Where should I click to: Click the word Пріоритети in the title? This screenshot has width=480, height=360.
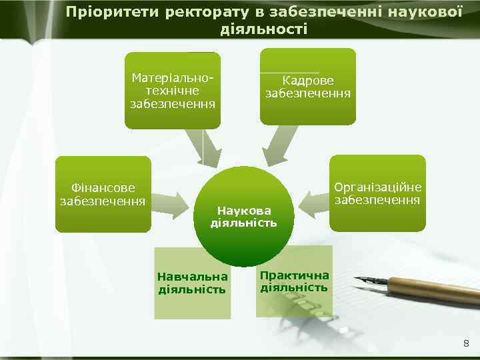pyautogui.click(x=105, y=12)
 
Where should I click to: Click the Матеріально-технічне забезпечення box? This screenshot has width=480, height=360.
pyautogui.click(x=173, y=90)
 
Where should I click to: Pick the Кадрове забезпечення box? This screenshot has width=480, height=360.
pyautogui.click(x=307, y=86)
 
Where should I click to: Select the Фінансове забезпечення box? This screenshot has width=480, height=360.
pyautogui.click(x=103, y=194)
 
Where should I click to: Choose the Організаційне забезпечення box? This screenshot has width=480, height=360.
pyautogui.click(x=377, y=193)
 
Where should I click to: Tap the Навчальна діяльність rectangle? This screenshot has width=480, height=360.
pyautogui.click(x=193, y=283)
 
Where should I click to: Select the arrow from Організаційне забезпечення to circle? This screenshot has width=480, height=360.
pyautogui.click(x=314, y=199)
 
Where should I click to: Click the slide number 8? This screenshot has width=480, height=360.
pyautogui.click(x=465, y=343)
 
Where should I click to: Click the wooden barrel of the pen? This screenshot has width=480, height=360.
pyautogui.click(x=433, y=287)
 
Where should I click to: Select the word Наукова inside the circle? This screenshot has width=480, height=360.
pyautogui.click(x=243, y=210)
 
